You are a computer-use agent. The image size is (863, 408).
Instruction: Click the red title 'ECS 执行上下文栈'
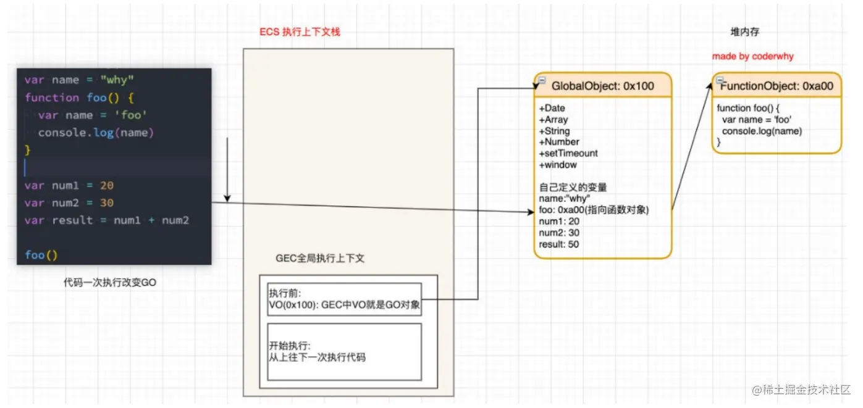300,31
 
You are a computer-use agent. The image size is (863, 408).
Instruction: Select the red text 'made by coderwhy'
752,56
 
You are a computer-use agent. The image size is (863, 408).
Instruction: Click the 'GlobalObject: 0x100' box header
602,86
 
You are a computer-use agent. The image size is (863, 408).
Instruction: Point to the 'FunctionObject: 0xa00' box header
777,86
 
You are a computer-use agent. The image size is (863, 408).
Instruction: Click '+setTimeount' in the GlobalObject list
568,153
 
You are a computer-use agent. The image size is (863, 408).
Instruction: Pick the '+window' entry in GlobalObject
558,165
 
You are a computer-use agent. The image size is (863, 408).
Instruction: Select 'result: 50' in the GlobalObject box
559,244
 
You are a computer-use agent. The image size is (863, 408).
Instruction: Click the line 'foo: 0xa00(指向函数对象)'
594,210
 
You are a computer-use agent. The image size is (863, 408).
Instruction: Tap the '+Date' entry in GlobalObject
552,108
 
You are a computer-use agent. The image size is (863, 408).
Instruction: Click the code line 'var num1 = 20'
69,186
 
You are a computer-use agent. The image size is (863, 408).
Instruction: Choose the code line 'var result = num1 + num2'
106,220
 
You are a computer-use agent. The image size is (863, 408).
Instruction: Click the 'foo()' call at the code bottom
41,255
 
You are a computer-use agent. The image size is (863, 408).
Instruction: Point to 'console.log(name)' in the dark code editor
96,133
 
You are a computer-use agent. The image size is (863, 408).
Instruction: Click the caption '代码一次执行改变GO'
110,282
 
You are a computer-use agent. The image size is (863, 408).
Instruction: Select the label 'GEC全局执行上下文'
320,259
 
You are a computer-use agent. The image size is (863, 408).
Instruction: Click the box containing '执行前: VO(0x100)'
345,299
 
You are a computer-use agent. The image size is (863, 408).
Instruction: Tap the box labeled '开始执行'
345,351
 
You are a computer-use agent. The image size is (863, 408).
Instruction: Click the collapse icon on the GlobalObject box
541,80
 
